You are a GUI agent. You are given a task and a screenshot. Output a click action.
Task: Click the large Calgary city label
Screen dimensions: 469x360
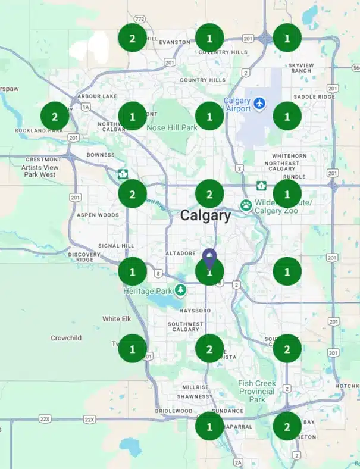pos(205,215)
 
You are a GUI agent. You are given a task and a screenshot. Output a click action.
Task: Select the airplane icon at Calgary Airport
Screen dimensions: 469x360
pos(259,104)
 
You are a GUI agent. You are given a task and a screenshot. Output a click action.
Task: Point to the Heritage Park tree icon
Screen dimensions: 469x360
pos(180,290)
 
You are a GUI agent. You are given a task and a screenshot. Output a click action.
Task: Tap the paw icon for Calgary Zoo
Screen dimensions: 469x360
pos(246,205)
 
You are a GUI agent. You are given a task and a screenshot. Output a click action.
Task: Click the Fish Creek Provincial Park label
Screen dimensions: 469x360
pos(256,391)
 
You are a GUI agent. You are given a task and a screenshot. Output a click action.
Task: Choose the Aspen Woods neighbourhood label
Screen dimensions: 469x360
pos(98,215)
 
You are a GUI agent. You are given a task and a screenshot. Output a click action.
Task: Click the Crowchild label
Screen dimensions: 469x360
pos(65,338)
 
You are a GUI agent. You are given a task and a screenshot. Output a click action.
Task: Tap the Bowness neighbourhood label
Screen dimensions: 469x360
pos(100,155)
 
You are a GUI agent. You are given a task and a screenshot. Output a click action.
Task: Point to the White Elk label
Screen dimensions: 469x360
pos(116,319)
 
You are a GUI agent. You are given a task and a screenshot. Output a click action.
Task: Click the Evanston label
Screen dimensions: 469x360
pos(174,42)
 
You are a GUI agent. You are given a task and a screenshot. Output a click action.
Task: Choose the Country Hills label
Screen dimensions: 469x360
pos(202,80)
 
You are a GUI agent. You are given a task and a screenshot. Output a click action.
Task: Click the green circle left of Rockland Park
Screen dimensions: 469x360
pos(55,116)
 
